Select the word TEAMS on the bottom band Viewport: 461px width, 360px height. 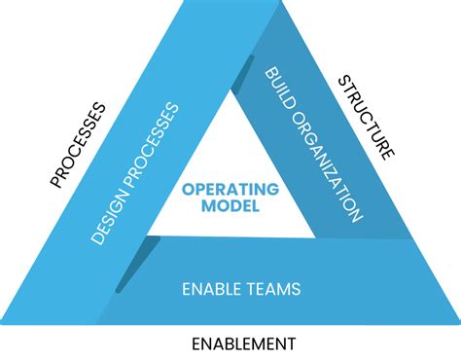(273, 288)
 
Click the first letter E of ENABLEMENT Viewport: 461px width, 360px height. (195, 342)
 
